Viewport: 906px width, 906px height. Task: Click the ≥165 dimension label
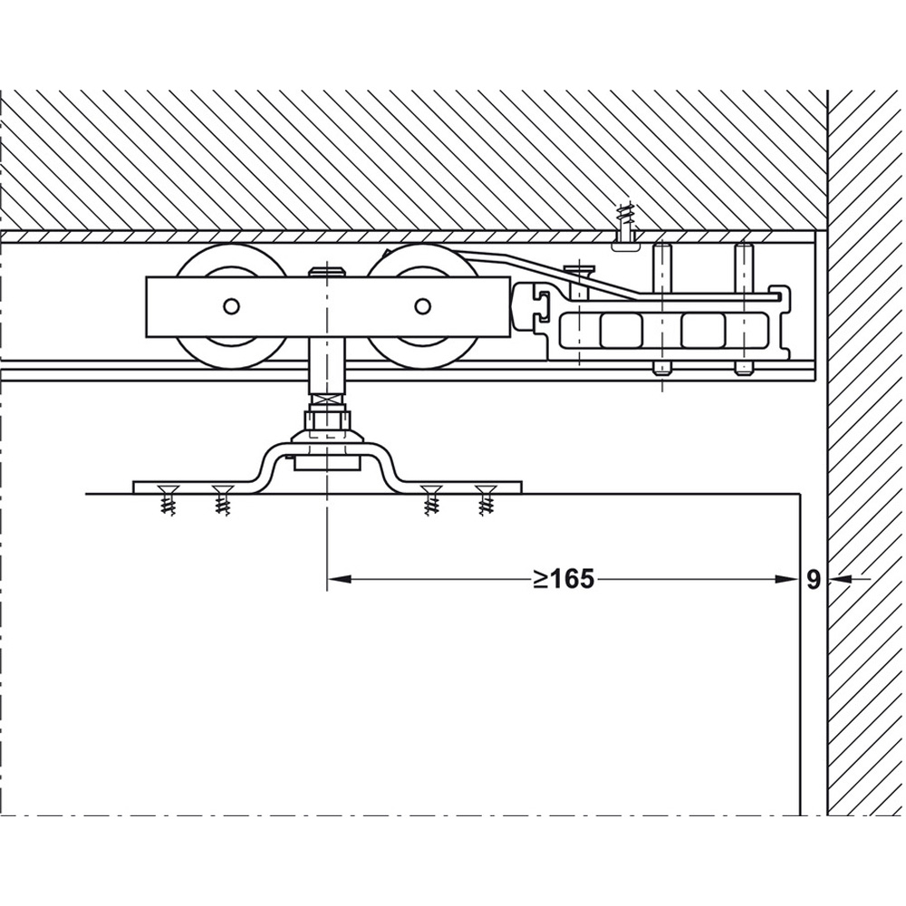point(564,578)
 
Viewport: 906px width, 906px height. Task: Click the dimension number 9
point(814,580)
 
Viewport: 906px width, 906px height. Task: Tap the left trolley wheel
point(231,306)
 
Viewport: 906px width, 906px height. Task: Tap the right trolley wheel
point(422,306)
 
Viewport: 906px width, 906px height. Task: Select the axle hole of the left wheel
point(231,306)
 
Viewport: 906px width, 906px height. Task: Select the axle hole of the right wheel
point(422,305)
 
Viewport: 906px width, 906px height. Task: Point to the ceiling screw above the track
point(626,227)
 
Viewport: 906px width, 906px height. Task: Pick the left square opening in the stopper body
point(622,331)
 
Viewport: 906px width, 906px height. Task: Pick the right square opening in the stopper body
point(703,331)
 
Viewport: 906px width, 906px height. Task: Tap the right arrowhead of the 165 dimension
point(788,578)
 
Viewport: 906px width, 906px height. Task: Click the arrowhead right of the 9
point(840,578)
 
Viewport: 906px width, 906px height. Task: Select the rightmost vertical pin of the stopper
point(744,310)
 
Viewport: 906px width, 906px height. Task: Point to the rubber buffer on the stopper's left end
point(526,305)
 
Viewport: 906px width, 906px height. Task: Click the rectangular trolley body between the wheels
point(328,307)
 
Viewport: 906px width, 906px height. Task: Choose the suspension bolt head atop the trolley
point(328,272)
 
